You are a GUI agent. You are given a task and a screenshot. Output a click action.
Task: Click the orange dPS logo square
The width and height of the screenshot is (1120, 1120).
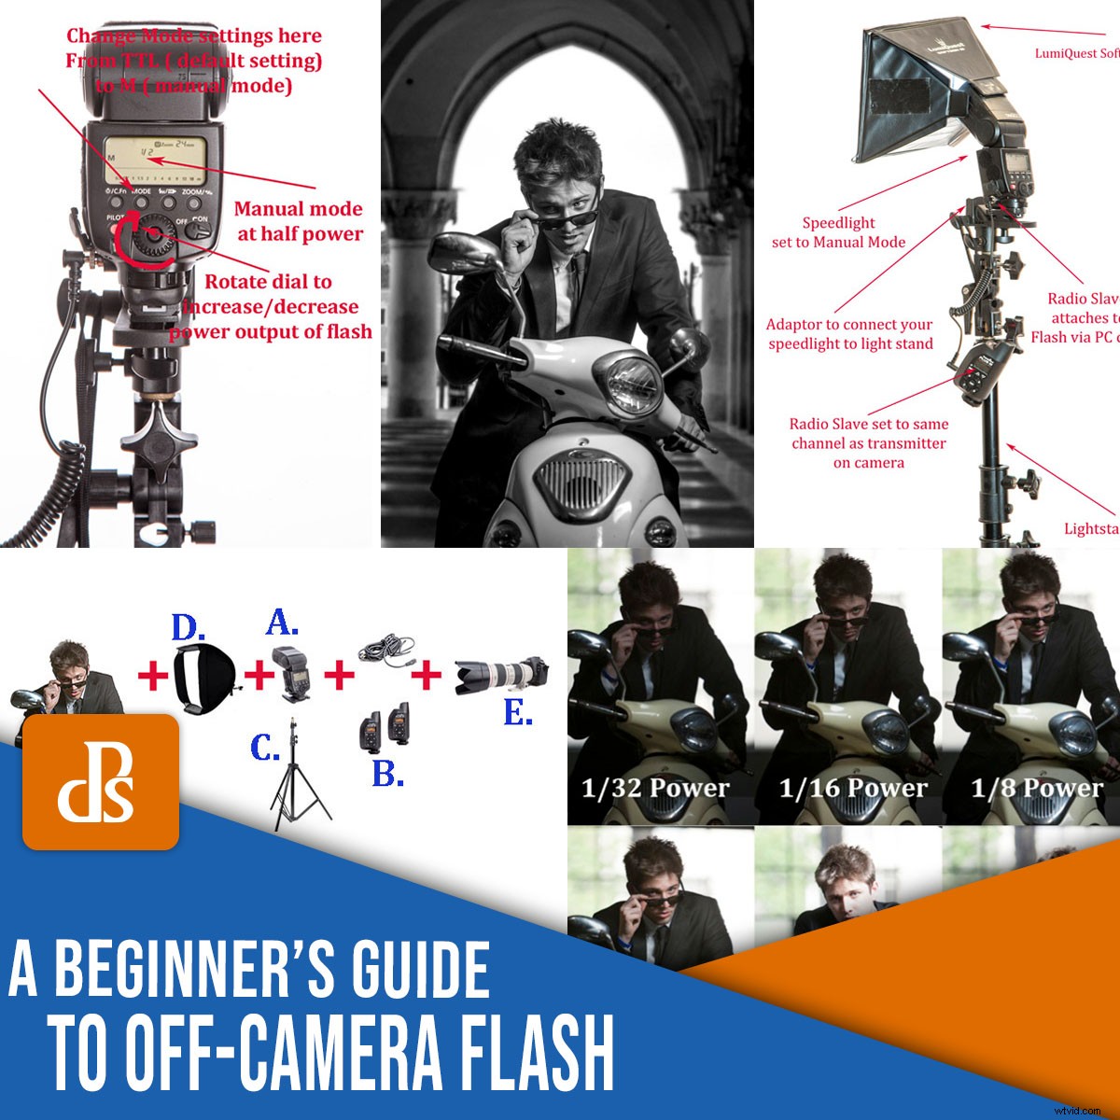pyautogui.click(x=100, y=782)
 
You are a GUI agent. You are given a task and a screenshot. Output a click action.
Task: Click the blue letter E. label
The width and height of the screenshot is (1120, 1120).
pyautogui.click(x=517, y=712)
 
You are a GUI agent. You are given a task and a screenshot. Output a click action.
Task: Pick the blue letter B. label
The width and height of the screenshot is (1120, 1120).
pyautogui.click(x=387, y=774)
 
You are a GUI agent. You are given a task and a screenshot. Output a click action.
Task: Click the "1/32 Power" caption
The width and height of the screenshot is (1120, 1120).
pyautogui.click(x=655, y=788)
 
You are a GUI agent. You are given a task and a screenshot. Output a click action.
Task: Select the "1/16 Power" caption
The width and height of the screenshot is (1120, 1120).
pyautogui.click(x=853, y=788)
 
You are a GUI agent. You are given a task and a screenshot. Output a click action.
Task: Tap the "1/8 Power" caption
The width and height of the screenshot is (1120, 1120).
pyautogui.click(x=1036, y=788)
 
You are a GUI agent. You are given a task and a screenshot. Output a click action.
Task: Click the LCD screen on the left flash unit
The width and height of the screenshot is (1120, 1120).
pyautogui.click(x=156, y=155)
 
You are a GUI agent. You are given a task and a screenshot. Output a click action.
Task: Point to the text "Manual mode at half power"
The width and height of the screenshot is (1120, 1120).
pyautogui.click(x=299, y=222)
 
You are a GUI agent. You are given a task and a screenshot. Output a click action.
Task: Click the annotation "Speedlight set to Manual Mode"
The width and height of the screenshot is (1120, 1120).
pyautogui.click(x=838, y=232)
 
